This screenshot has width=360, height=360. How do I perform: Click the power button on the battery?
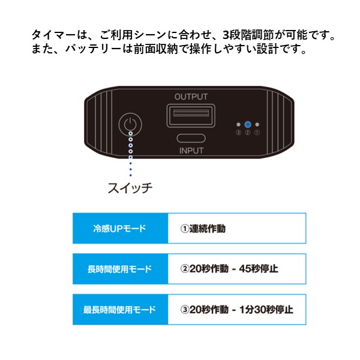130,125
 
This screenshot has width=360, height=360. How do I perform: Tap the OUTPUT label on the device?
191,97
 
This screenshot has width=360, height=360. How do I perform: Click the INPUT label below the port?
191,151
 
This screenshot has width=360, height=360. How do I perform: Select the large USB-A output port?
191,115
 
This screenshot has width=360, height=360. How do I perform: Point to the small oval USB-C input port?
191,139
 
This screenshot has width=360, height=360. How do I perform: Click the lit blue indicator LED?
247,125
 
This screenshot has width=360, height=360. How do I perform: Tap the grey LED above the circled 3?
239,125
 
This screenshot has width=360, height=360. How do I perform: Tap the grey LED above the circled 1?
257,125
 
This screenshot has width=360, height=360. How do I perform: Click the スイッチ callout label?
130,188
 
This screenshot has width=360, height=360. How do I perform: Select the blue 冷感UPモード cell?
121,228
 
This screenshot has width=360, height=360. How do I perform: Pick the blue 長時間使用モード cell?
121,269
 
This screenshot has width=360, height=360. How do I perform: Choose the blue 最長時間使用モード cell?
121,310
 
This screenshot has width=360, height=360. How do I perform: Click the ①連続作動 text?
203,229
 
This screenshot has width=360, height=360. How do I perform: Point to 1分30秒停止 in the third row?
266,310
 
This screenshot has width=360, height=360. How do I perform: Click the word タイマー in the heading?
53,35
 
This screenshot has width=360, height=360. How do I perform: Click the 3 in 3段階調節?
226,35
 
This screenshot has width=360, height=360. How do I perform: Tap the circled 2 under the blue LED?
247,133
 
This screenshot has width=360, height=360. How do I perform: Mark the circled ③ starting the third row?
185,310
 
